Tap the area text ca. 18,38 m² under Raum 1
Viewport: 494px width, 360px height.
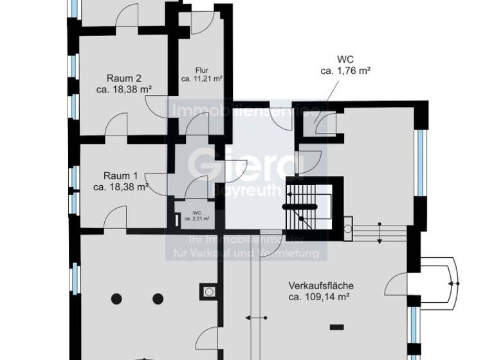(x=122, y=187)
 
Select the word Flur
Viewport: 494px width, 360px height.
(x=203, y=69)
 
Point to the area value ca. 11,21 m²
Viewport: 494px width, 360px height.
(x=202, y=78)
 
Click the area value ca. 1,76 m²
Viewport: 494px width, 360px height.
(x=347, y=71)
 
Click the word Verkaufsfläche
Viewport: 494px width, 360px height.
(x=321, y=286)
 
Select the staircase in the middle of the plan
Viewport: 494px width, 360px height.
(x=307, y=206)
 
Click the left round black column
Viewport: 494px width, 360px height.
(x=117, y=298)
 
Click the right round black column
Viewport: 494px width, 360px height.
(x=158, y=298)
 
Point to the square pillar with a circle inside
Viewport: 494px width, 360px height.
(x=209, y=291)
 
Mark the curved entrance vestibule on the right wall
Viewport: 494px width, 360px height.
(x=441, y=282)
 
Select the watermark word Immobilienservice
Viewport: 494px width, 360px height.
(x=244, y=111)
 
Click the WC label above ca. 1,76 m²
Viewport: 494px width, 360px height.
(x=347, y=60)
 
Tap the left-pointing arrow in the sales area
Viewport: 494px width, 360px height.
(x=255, y=318)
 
